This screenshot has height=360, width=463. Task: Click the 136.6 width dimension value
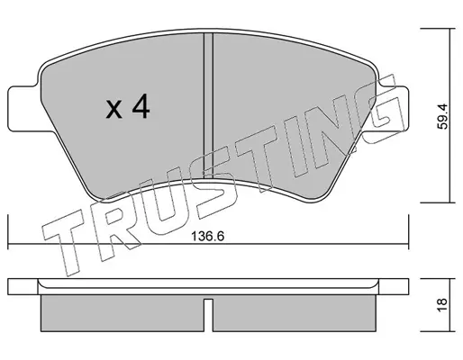(208, 237)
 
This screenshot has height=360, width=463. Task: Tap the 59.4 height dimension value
(442, 116)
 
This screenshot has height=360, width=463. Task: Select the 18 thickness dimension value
(442, 305)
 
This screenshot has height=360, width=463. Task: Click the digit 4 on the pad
(141, 106)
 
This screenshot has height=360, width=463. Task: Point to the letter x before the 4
(113, 109)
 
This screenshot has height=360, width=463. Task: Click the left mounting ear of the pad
(23, 109)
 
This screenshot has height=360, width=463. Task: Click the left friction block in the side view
(123, 313)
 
